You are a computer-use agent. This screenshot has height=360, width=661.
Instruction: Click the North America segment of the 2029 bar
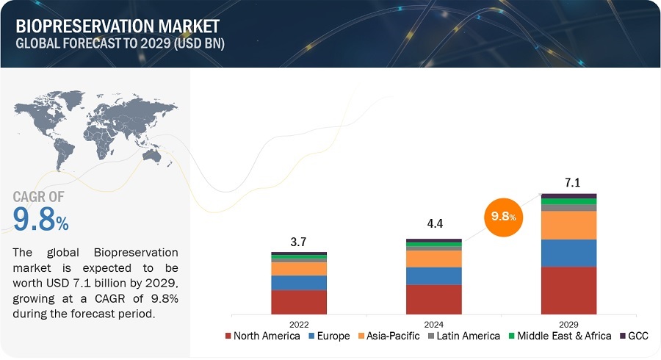pyautogui.click(x=568, y=290)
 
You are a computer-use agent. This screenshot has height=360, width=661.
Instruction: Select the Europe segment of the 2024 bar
pyautogui.click(x=433, y=276)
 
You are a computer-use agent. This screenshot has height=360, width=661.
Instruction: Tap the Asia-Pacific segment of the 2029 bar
pyautogui.click(x=568, y=225)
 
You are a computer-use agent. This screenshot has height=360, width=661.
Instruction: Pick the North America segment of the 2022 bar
pyautogui.click(x=298, y=301)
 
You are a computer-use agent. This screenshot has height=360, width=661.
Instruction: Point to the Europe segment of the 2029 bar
pyautogui.click(x=568, y=253)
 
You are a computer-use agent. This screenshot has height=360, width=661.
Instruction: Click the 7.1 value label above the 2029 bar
pyautogui.click(x=568, y=182)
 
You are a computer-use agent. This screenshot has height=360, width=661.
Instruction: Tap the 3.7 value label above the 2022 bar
pyautogui.click(x=298, y=241)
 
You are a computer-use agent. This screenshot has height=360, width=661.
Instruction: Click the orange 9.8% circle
pyautogui.click(x=503, y=217)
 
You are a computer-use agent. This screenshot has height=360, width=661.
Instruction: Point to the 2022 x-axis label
pyautogui.click(x=298, y=323)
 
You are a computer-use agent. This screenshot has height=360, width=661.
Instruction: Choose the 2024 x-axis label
pyautogui.click(x=433, y=323)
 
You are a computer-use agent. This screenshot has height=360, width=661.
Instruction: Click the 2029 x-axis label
pyautogui.click(x=568, y=323)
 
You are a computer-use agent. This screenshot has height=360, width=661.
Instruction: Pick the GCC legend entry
pyautogui.click(x=636, y=336)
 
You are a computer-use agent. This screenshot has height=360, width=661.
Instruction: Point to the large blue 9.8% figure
pyautogui.click(x=40, y=219)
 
